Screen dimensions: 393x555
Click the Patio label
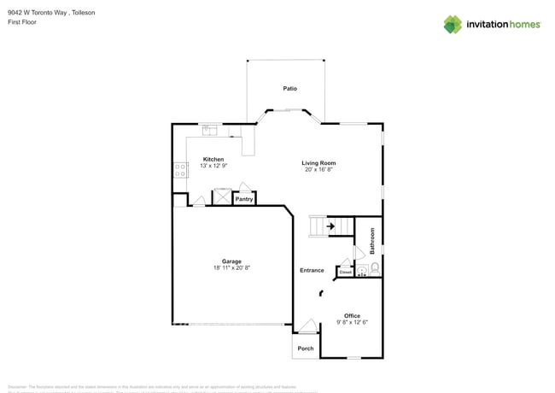tap(289, 89)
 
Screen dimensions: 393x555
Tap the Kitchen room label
tap(213, 159)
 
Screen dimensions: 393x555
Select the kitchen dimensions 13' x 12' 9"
tap(213, 166)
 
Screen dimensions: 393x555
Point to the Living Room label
tap(318, 162)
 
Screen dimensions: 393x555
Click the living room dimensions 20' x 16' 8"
tap(318, 169)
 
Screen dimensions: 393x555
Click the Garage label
tap(231, 261)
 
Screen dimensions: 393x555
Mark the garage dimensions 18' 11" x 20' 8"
tap(231, 268)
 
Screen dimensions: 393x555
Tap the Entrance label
tap(312, 271)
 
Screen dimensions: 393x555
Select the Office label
tap(353, 316)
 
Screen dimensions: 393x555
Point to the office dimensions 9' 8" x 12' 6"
tap(353, 323)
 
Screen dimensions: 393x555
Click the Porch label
tap(306, 349)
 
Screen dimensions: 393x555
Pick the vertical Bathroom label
tap(373, 241)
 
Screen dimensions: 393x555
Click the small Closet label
tap(346, 273)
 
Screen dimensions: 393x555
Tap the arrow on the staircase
tap(330, 227)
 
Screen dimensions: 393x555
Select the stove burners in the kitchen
tap(180, 170)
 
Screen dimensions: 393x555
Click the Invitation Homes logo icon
tap(453, 24)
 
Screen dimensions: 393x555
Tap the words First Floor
tap(21, 22)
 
